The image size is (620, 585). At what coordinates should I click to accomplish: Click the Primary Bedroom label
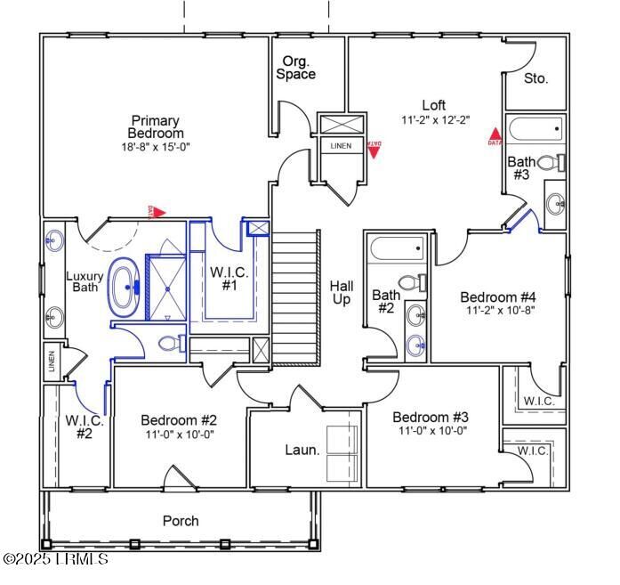pos(156,126)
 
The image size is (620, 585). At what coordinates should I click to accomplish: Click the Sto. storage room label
pos(535,78)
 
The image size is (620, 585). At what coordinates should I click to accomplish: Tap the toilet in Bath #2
pos(411,283)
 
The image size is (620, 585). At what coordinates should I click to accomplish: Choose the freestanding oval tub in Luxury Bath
pos(123,287)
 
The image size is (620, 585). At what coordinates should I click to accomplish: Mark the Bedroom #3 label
pos(431,418)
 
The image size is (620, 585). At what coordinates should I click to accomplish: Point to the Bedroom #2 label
pos(179,420)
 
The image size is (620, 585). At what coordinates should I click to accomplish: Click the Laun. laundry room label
pos(302,450)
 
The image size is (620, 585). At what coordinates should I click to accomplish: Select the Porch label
pos(181,521)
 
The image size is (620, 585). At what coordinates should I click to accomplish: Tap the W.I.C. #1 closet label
pos(229,279)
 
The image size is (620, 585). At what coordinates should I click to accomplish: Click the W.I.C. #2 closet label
pos(85,427)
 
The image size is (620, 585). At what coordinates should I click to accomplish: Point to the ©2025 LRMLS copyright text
pos(55,559)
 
